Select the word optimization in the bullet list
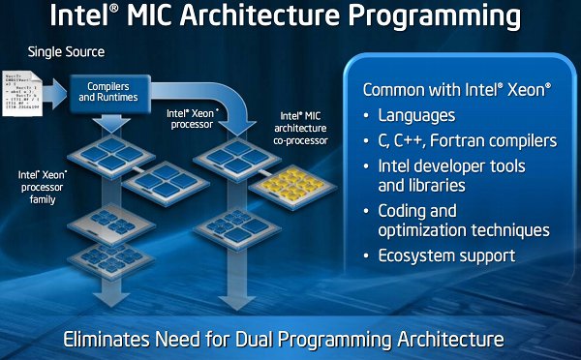[x=431, y=230]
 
